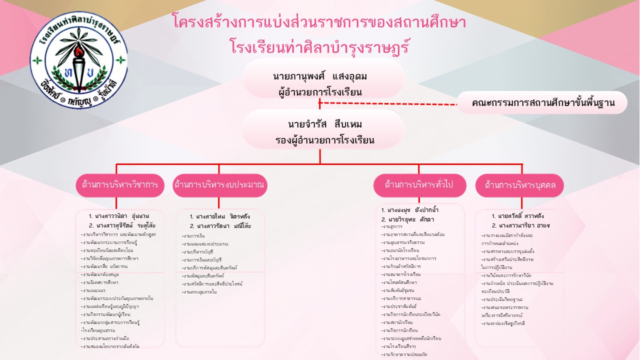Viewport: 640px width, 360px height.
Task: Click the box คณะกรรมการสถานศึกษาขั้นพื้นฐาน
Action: coord(542,103)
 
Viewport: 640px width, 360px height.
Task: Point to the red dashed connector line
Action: coord(390,103)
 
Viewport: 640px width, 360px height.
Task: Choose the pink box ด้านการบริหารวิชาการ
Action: coord(120,185)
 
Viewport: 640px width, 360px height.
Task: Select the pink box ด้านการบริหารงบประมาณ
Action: coord(219,185)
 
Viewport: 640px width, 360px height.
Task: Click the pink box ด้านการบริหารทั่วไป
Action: coord(419,184)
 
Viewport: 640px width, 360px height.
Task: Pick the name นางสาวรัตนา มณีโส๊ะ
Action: coord(220,226)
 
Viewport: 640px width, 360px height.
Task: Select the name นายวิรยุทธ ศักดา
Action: coord(407,219)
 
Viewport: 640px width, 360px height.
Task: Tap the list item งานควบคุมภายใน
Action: coord(200,291)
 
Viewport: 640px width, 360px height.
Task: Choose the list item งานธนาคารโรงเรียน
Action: coord(401,274)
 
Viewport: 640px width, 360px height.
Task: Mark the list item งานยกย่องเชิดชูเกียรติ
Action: coord(504,323)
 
